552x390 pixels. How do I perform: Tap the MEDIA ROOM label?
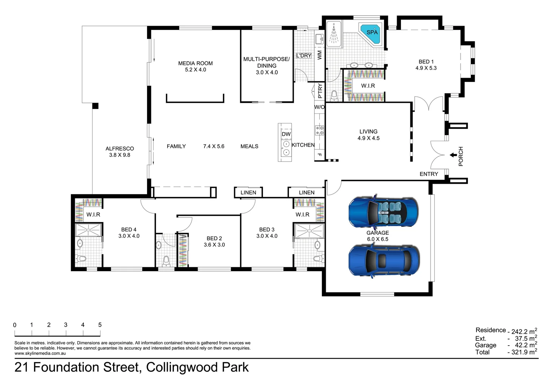coord(195,63)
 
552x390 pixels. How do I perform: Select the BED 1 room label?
coord(426,62)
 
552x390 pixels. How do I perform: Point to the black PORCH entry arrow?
coord(453,155)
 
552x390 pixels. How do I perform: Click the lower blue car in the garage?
coord(384,260)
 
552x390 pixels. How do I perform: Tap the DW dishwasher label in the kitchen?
coord(286,134)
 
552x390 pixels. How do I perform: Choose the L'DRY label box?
coord(303,56)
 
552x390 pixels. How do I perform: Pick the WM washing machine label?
coord(320,55)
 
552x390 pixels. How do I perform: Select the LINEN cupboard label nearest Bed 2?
coord(248,192)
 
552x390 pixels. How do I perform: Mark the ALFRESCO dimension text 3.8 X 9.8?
coord(120,155)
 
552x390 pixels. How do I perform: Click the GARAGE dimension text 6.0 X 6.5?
coord(378,239)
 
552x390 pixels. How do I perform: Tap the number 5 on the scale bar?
coord(100,325)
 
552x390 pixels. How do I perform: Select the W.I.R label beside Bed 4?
coord(93,214)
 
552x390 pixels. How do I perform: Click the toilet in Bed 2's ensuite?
coord(166,261)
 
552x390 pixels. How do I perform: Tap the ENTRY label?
coord(429,174)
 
